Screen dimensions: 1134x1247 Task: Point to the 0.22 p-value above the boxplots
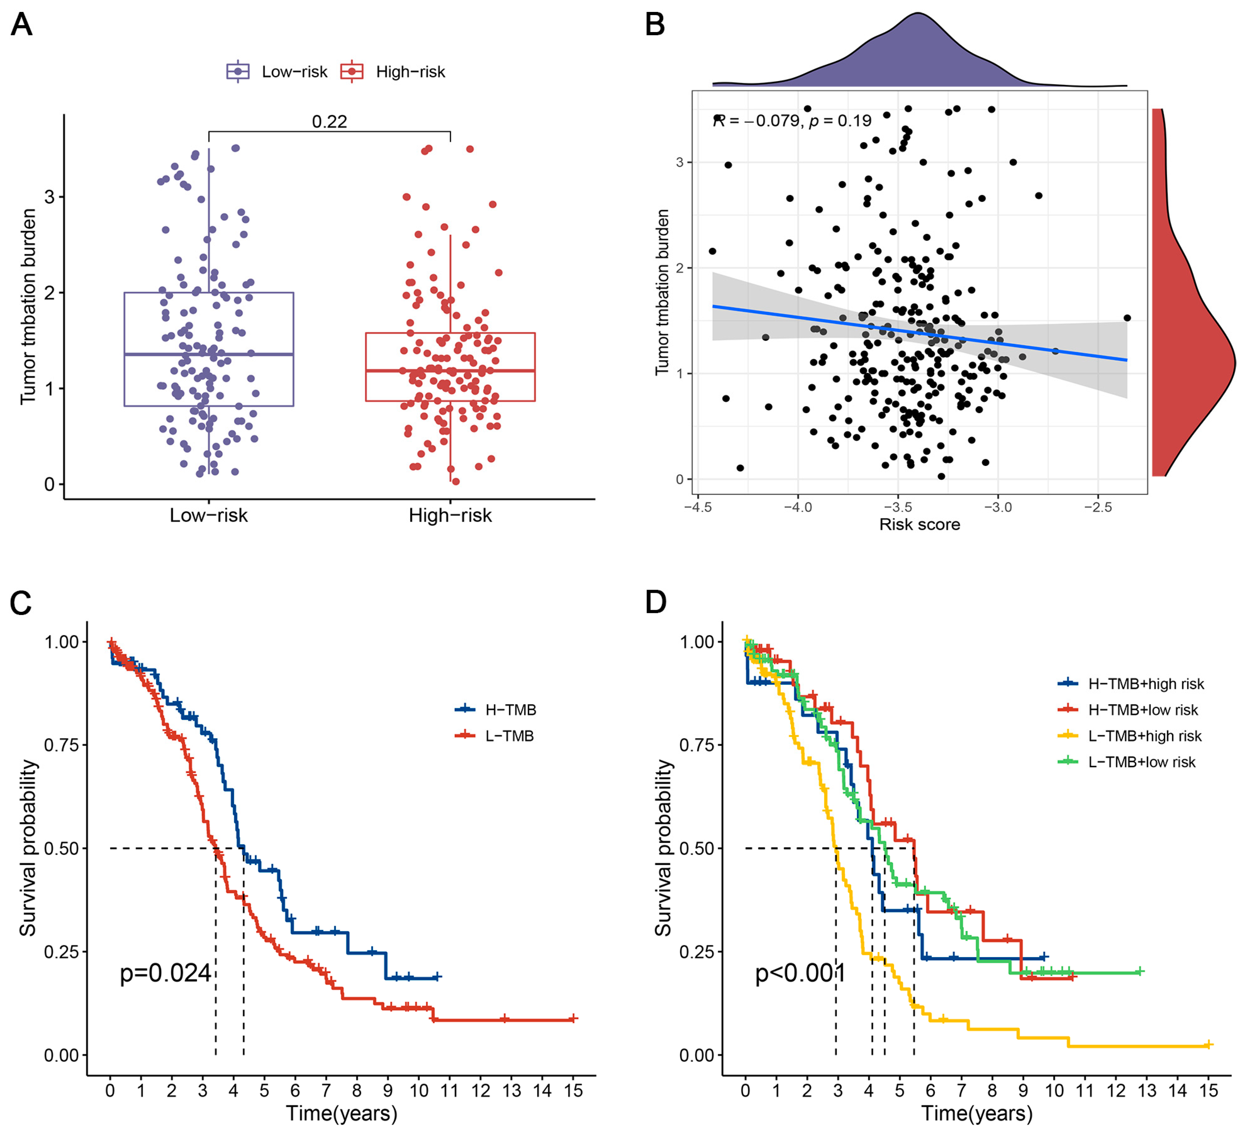coord(329,121)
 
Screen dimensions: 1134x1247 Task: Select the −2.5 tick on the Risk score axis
coord(1097,507)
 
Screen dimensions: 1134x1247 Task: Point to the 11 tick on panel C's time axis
coord(450,1090)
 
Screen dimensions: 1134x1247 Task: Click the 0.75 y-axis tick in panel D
coord(696,745)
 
